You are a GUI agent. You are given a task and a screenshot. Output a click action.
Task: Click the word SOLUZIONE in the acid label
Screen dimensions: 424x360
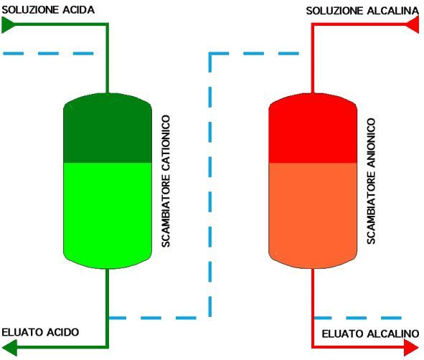(30, 10)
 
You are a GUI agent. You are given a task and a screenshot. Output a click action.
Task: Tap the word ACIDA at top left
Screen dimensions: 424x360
(79, 10)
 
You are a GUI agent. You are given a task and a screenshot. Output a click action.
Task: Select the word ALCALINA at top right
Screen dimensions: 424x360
(393, 11)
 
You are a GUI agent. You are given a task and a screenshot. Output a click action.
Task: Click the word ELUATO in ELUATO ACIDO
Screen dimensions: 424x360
(22, 332)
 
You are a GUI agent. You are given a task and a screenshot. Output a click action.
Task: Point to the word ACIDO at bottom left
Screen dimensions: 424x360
(63, 332)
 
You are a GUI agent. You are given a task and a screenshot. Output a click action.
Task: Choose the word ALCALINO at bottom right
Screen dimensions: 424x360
(392, 333)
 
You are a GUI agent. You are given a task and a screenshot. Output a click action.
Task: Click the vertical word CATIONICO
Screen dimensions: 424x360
(166, 143)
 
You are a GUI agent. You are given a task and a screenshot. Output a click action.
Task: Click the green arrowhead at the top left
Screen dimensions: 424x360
(9, 25)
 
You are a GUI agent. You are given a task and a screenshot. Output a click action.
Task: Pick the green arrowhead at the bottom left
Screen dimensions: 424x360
(9, 347)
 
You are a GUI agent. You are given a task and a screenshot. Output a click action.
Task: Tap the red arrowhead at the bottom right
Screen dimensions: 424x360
(412, 347)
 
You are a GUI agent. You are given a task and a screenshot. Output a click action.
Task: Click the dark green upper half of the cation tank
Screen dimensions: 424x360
(108, 128)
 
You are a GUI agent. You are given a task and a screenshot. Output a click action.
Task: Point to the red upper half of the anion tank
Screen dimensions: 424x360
(313, 128)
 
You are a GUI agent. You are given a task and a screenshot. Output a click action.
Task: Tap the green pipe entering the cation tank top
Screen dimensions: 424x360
(107, 58)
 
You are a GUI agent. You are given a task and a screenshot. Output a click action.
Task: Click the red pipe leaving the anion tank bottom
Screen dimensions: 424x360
(313, 308)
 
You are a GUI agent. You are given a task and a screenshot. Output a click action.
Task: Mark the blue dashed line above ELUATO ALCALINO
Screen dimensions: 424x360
(358, 318)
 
